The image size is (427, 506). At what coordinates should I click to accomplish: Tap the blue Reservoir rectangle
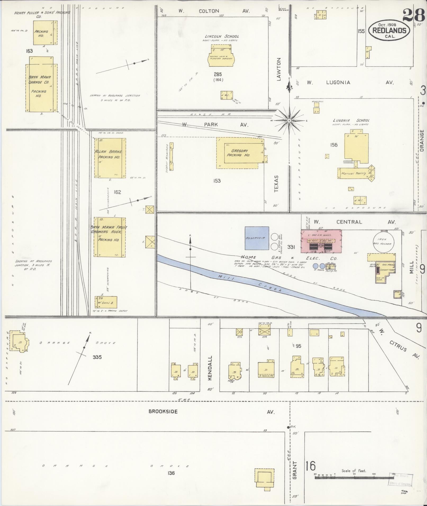click(257, 238)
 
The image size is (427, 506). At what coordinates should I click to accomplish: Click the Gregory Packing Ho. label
click(238, 153)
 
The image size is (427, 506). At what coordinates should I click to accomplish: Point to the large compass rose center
click(289, 121)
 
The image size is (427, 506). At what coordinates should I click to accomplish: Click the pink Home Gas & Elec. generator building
click(321, 241)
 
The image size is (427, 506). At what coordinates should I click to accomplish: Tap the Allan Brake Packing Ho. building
click(110, 158)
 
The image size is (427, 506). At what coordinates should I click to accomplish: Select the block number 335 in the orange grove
click(97, 357)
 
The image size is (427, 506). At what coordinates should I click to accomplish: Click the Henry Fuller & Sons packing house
click(44, 33)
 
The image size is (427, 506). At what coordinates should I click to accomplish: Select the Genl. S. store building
click(106, 302)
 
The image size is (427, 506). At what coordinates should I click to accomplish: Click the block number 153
click(217, 181)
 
